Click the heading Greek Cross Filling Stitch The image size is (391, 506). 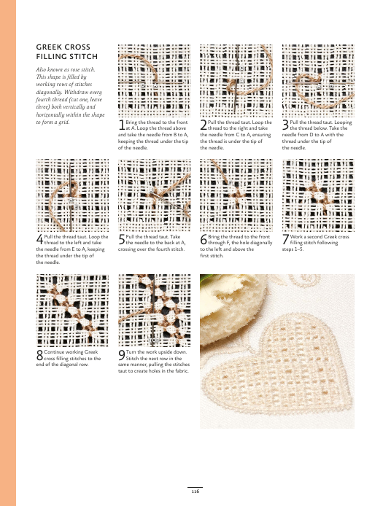[67, 52]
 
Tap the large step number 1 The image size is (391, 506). [121, 125]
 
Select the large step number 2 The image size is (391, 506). [204, 125]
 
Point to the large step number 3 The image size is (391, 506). [285, 125]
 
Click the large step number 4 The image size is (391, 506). [39, 239]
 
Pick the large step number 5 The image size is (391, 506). [121, 239]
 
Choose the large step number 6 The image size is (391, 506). [204, 239]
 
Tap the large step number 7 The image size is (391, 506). [285, 239]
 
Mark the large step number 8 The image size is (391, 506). [39, 355]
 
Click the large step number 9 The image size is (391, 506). [121, 355]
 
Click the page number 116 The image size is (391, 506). [195, 491]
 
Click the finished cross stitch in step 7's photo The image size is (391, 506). [317, 196]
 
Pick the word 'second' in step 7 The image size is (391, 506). [315, 236]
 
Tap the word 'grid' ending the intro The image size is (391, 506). [64, 122]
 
